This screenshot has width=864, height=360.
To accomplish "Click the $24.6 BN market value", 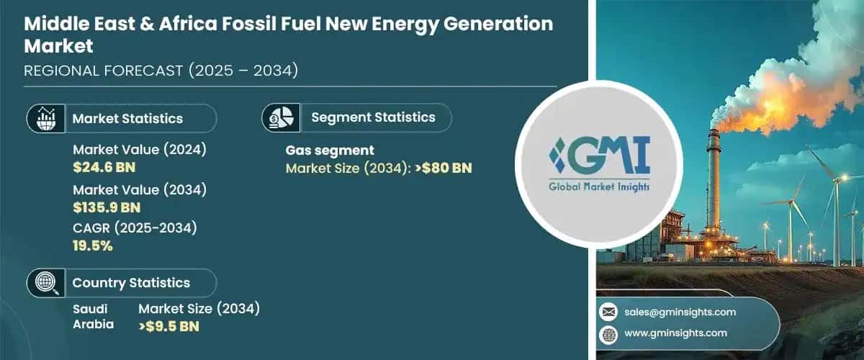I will pyautogui.click(x=104, y=168).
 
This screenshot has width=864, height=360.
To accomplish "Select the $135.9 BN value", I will pyautogui.click(x=107, y=208).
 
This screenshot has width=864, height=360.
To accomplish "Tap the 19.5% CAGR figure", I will pyautogui.click(x=93, y=246).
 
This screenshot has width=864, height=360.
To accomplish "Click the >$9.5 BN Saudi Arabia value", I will pyautogui.click(x=168, y=325).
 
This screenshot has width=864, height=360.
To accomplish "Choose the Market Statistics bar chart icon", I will pyautogui.click(x=45, y=118).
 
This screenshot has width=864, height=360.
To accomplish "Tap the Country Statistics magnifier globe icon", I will pyautogui.click(x=45, y=283).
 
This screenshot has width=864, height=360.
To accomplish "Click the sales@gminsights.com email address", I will pyautogui.click(x=681, y=312).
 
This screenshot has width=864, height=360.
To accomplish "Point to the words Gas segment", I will pyautogui.click(x=330, y=150).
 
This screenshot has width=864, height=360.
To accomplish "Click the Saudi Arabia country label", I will pyautogui.click(x=93, y=316).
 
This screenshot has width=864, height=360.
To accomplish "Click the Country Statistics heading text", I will pyautogui.click(x=131, y=283).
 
